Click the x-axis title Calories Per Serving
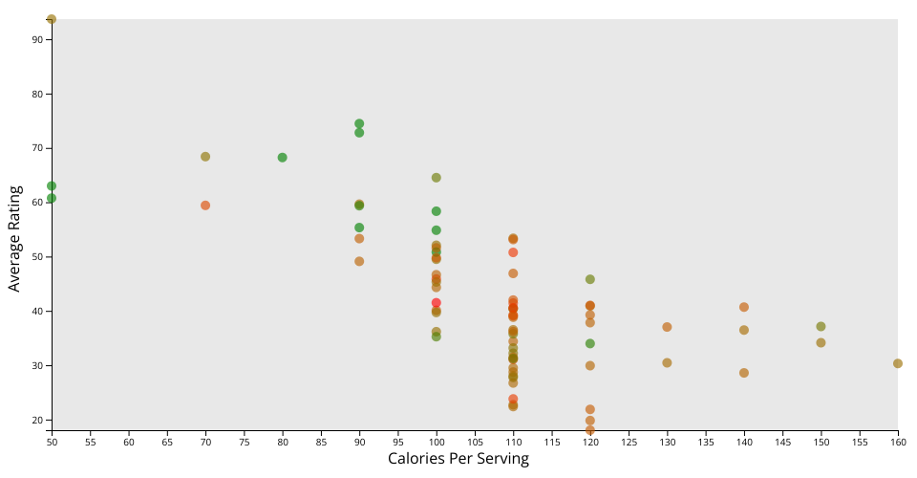tap(458, 459)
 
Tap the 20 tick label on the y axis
tap(36, 421)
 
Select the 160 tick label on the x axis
tap(897, 442)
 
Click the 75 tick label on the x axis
tap(245, 442)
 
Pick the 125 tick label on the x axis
tap(629, 442)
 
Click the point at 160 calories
tap(898, 363)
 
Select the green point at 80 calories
tap(283, 158)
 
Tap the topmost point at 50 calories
tap(52, 19)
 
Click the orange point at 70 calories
tap(205, 206)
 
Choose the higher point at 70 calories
tap(205, 157)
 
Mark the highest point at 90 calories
tap(359, 124)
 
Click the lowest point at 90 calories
tap(359, 261)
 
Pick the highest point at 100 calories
tap(437, 178)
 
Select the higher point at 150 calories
tap(821, 327)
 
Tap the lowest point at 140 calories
tap(744, 373)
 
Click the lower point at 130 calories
tap(667, 363)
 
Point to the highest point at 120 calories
tap(590, 279)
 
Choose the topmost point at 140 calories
tap(744, 307)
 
